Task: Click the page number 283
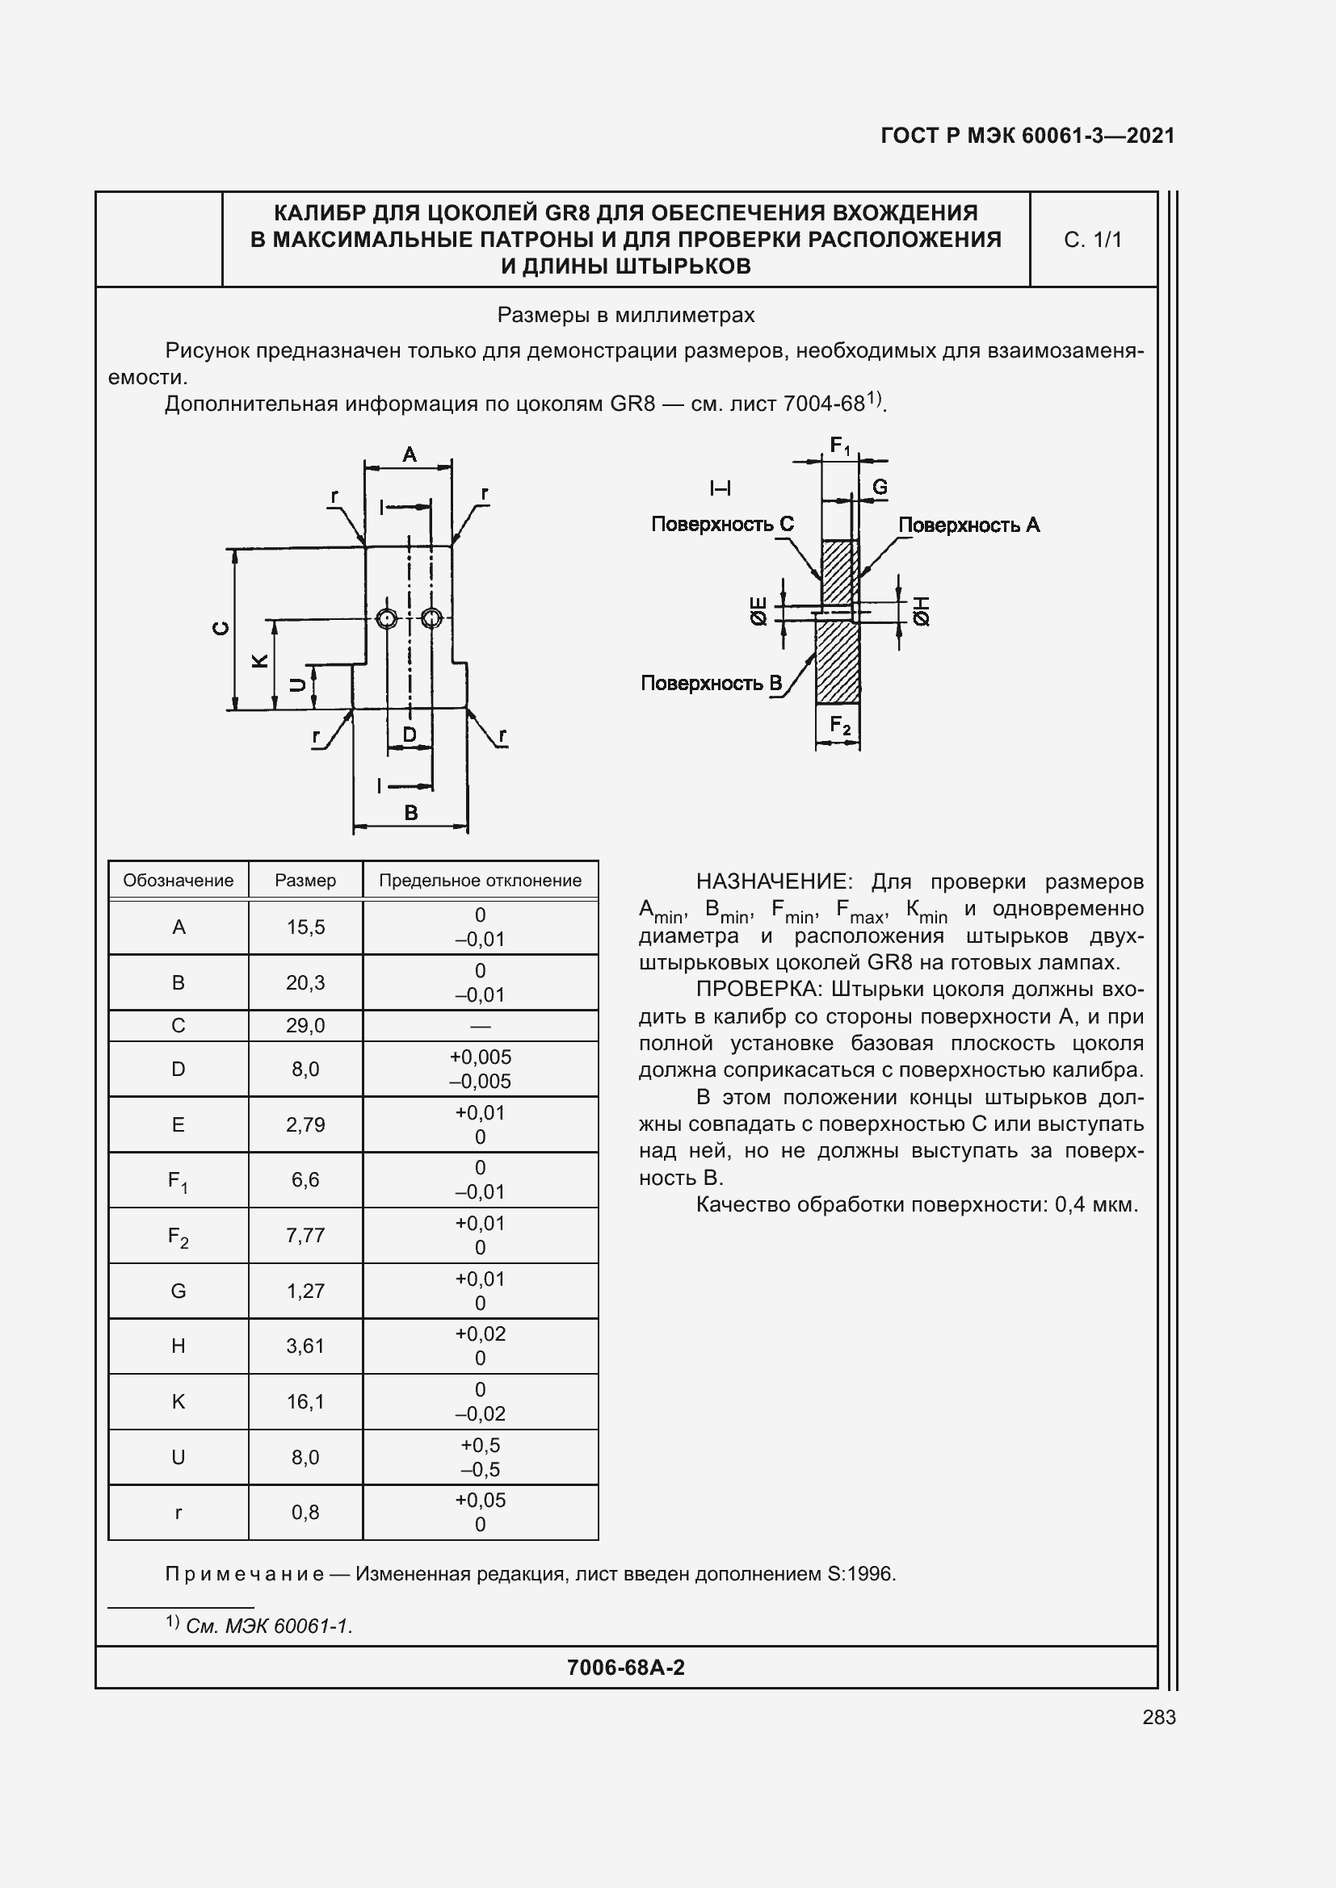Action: pyautogui.click(x=1158, y=1717)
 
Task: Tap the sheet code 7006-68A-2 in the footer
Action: pyautogui.click(x=625, y=1668)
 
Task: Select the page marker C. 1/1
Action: pyautogui.click(x=1093, y=239)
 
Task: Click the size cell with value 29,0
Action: pyautogui.click(x=305, y=1025)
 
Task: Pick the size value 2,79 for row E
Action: pyautogui.click(x=305, y=1124)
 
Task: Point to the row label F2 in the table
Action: pyautogui.click(x=178, y=1236)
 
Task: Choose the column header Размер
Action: pyautogui.click(x=305, y=881)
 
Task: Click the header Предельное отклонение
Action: pyautogui.click(x=480, y=881)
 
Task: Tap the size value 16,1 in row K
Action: pyautogui.click(x=305, y=1401)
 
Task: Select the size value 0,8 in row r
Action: pyautogui.click(x=305, y=1511)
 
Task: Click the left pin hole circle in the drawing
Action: pyautogui.click(x=387, y=618)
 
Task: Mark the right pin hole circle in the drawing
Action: pyautogui.click(x=431, y=618)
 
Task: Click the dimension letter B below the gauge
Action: pyautogui.click(x=410, y=813)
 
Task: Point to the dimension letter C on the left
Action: pyautogui.click(x=221, y=628)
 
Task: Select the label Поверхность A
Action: pyautogui.click(x=968, y=525)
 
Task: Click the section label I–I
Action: pyautogui.click(x=720, y=489)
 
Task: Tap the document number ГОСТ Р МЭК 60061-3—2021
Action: pyautogui.click(x=1027, y=136)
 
